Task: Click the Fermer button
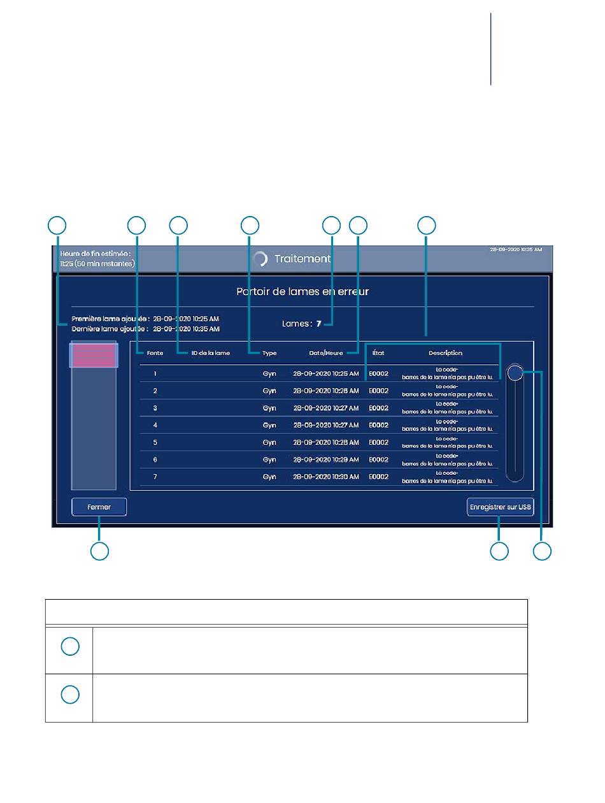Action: click(x=99, y=507)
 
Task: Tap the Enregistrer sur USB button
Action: click(x=500, y=507)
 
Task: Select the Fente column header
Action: click(x=155, y=352)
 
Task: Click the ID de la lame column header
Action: click(x=211, y=352)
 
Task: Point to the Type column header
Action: click(x=269, y=352)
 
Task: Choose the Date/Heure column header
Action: click(x=325, y=352)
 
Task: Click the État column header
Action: click(x=378, y=352)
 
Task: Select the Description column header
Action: click(x=445, y=352)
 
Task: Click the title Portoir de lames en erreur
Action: click(x=302, y=292)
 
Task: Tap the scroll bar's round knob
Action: click(x=515, y=373)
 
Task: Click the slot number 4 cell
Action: click(x=155, y=425)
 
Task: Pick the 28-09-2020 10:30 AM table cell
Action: click(x=325, y=477)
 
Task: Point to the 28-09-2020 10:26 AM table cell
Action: click(x=325, y=391)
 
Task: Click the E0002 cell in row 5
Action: click(x=378, y=442)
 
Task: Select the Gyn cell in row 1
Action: click(x=269, y=373)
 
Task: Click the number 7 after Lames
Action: click(x=319, y=324)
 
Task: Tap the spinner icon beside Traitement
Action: click(x=260, y=259)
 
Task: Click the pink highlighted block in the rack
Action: click(x=93, y=356)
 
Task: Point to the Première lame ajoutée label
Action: click(x=110, y=319)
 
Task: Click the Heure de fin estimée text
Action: click(x=96, y=254)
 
